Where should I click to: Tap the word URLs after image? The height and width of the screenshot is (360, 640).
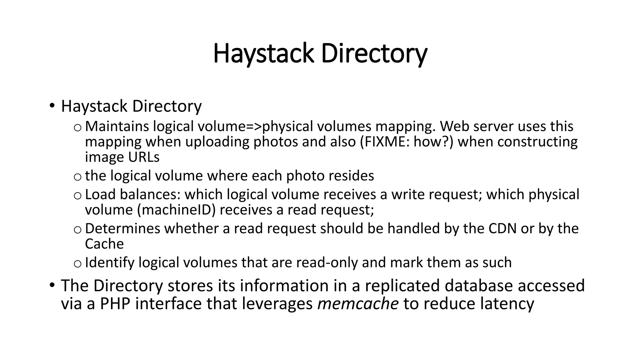click(143, 157)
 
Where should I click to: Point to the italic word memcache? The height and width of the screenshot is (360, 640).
click(358, 304)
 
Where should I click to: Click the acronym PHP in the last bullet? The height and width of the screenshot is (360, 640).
click(115, 304)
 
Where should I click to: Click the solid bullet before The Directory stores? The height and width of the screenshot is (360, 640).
click(52, 284)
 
